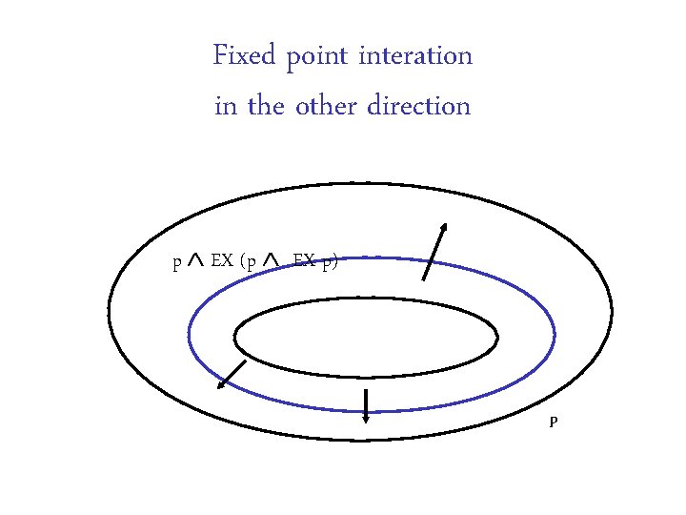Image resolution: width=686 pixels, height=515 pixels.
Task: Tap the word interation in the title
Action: point(415,56)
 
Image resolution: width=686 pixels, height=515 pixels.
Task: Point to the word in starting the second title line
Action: point(226,106)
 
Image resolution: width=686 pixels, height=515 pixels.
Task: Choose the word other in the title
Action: point(326,106)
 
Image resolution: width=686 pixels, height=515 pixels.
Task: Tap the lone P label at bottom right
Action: point(553,422)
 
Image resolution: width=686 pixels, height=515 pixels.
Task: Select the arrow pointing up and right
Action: point(434,251)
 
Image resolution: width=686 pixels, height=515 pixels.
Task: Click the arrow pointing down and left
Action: point(232,375)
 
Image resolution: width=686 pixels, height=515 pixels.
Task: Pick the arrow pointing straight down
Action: point(366,405)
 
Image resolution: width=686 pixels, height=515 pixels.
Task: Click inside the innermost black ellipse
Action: point(366,338)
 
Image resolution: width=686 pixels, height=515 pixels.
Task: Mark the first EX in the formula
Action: point(222,260)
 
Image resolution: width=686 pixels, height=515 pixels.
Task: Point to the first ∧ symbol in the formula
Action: point(195,259)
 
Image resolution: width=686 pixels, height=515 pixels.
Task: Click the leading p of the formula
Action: point(176,262)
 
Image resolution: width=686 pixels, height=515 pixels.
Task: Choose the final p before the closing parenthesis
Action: point(326,262)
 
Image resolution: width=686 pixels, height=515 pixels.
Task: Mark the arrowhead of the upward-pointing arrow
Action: point(444,226)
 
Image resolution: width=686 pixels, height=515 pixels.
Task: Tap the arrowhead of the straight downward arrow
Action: point(366,420)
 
